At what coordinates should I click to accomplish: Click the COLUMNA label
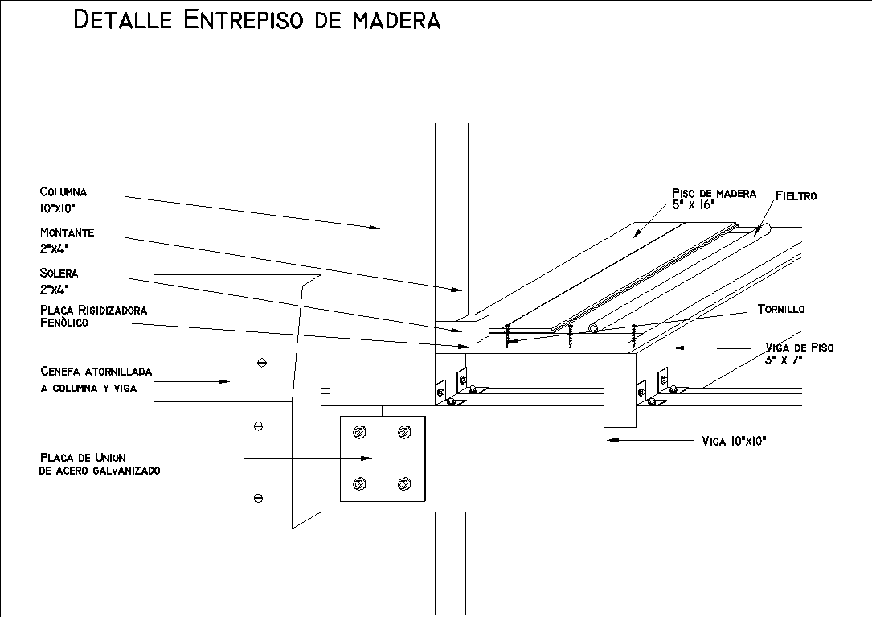pyautogui.click(x=63, y=192)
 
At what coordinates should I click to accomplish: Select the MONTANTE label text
pyautogui.click(x=68, y=232)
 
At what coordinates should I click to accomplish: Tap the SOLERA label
pyautogui.click(x=59, y=274)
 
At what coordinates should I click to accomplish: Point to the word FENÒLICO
pyautogui.click(x=64, y=323)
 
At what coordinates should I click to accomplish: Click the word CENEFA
pyautogui.click(x=60, y=372)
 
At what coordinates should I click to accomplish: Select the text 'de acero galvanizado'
pyautogui.click(x=99, y=471)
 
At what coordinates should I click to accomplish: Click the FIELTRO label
pyautogui.click(x=796, y=195)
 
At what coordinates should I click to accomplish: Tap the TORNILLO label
pyautogui.click(x=780, y=309)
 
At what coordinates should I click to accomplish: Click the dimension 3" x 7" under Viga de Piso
pyautogui.click(x=786, y=360)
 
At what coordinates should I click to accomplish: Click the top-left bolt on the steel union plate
pyautogui.click(x=359, y=433)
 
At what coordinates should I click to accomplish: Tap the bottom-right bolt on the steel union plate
pyautogui.click(x=403, y=484)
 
